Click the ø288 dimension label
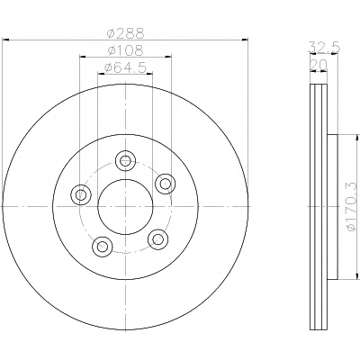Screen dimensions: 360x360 coord(126,33)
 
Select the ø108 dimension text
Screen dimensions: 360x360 coord(126,50)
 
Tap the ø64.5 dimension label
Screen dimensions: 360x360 coord(125,67)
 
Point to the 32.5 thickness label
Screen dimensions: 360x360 coord(324,47)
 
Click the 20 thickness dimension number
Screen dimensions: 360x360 coord(319,65)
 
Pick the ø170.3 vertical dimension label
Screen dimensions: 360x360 coord(351,207)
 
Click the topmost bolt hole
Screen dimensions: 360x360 coord(125,161)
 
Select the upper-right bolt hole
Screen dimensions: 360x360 coord(166,184)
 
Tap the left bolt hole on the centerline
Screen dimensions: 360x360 coord(80,195)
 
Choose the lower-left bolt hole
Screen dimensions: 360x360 coord(103,247)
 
